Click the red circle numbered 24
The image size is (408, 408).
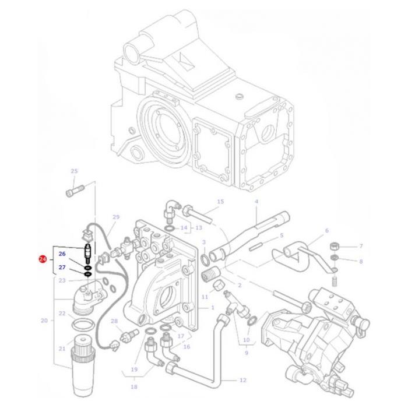pos(42,259)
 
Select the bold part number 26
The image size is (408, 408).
pos(62,254)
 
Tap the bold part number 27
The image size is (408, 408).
pos(62,268)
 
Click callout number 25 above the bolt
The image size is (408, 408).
pos(74,171)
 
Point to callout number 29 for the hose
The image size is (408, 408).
pos(115,217)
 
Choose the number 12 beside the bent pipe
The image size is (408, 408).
pos(243,380)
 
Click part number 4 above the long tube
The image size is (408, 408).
pos(256,202)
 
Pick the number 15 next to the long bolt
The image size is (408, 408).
pos(220,202)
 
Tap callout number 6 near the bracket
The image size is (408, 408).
pos(326,230)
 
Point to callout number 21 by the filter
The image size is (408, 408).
pos(62,349)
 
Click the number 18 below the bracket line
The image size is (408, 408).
pos(135,386)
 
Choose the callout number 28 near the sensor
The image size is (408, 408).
pos(114,321)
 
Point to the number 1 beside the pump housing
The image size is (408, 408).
pos(213,307)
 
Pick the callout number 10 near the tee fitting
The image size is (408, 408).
pos(246,339)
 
